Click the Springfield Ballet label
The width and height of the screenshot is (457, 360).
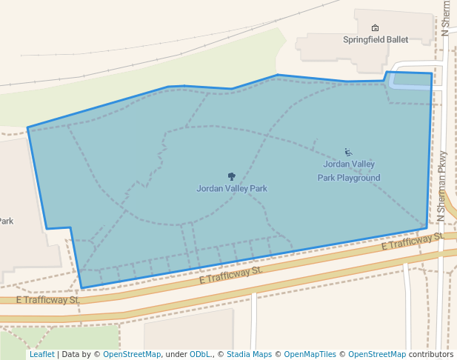(376, 39)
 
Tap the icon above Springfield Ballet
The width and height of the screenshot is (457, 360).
(375, 28)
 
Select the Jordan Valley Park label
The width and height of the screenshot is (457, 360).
(232, 188)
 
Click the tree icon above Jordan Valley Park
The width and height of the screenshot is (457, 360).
(232, 176)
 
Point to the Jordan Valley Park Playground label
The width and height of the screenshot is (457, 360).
(349, 170)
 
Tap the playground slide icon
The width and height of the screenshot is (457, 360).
(348, 153)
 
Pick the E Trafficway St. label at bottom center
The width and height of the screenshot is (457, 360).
(231, 276)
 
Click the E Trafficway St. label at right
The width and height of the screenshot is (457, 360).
(412, 241)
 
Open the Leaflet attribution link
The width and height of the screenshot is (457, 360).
(41, 354)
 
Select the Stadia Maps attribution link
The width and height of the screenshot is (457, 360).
(249, 354)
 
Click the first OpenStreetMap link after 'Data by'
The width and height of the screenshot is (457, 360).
(131, 354)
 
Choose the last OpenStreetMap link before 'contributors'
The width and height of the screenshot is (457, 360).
(376, 354)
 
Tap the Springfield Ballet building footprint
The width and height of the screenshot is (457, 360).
(333, 48)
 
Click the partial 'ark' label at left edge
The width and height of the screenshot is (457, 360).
(6, 221)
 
